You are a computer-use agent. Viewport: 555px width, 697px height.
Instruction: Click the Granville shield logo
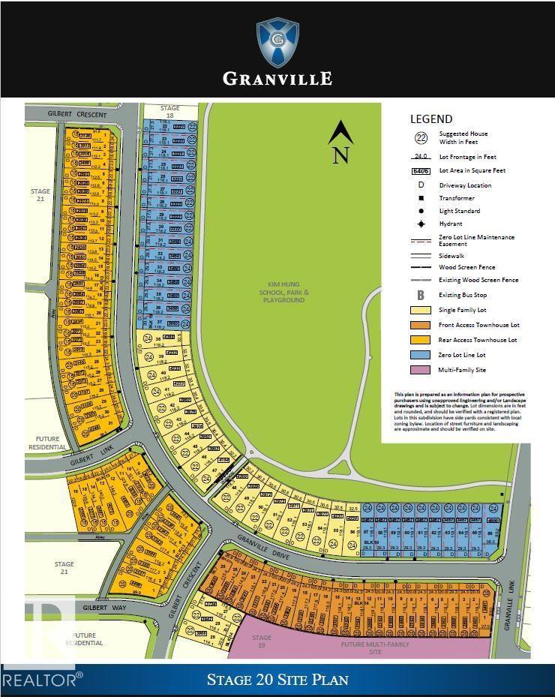tap(277, 42)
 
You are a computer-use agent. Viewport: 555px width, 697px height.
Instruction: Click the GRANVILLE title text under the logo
tap(277, 78)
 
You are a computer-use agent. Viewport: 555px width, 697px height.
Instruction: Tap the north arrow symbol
tap(341, 142)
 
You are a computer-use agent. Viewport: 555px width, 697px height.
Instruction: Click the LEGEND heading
tap(431, 119)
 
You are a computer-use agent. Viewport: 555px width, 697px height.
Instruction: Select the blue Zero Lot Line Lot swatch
tap(420, 355)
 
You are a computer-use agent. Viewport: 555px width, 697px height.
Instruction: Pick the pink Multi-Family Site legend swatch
tap(420, 370)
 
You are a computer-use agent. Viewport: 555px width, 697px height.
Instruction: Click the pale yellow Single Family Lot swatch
tap(420, 310)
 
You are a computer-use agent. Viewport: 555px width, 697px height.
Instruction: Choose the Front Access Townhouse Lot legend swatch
tap(420, 325)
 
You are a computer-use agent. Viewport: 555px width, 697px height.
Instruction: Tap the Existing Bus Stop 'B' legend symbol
tap(420, 295)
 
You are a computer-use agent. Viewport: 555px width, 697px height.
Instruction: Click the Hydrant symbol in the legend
tap(420, 224)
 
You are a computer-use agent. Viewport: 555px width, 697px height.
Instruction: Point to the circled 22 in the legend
tap(420, 137)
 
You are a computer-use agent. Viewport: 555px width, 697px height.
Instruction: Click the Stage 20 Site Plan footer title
tap(277, 680)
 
